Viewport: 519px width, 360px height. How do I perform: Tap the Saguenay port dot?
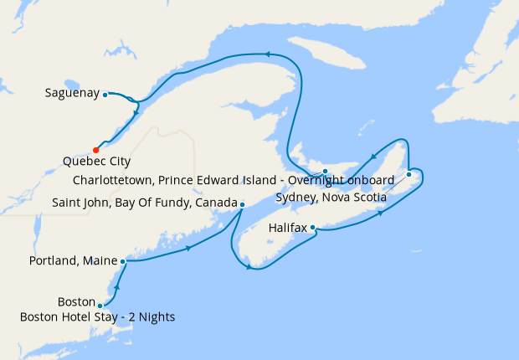point(105,95)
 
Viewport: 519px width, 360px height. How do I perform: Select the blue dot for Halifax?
point(312,227)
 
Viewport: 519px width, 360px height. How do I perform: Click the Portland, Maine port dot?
point(123,261)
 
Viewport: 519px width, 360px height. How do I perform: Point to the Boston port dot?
point(100,306)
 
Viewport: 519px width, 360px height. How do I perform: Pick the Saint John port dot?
point(242,204)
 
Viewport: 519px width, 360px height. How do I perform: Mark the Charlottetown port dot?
point(325,171)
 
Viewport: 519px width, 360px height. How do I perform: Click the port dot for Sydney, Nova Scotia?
point(409,174)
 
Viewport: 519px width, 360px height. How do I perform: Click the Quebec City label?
point(96,162)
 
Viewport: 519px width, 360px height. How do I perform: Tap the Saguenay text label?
point(72,93)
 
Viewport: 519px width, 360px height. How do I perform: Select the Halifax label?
point(288,227)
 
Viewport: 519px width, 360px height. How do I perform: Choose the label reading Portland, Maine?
point(72,261)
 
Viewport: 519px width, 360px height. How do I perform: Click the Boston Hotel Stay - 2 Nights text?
point(98,316)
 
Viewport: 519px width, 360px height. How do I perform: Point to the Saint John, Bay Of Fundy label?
point(145,203)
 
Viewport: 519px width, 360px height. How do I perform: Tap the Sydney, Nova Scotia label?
point(331,198)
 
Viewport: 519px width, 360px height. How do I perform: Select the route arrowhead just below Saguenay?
point(136,111)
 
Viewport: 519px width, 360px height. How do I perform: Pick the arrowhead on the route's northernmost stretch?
point(269,54)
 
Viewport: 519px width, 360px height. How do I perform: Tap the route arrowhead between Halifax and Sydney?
point(382,213)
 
